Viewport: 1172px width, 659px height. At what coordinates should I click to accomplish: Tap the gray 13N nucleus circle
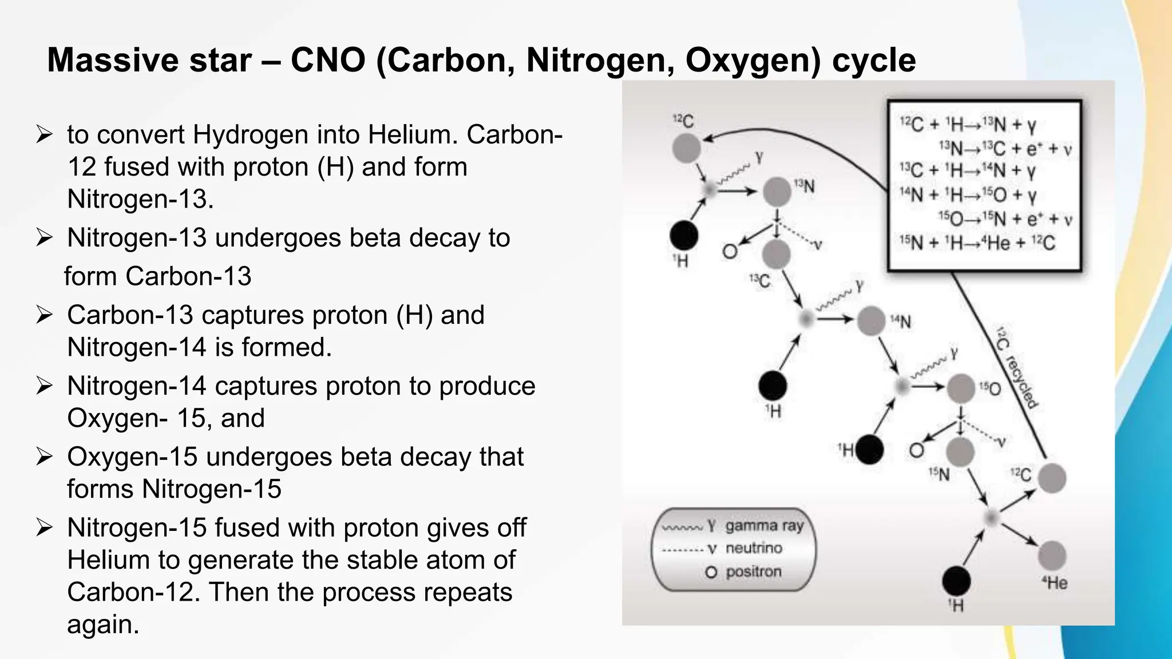click(777, 192)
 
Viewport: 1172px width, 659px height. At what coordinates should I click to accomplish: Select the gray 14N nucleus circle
click(871, 320)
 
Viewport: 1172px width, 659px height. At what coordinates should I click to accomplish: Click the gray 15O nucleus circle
click(961, 388)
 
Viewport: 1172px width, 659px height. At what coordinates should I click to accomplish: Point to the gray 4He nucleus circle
click(1052, 555)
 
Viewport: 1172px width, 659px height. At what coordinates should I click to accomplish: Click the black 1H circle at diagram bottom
click(956, 581)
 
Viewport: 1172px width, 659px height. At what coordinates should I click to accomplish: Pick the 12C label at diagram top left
click(683, 121)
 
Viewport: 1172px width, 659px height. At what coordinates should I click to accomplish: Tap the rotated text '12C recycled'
click(1017, 368)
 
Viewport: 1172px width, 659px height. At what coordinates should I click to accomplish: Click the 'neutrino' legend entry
click(754, 548)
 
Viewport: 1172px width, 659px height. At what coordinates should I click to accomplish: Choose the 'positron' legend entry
click(753, 571)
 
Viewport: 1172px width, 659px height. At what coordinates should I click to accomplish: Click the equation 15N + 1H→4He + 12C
click(977, 243)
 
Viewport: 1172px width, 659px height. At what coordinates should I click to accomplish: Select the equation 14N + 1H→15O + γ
click(968, 196)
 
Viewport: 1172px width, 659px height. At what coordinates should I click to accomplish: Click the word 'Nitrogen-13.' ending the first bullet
click(140, 199)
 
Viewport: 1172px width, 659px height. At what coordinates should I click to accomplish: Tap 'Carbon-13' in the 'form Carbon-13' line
click(188, 276)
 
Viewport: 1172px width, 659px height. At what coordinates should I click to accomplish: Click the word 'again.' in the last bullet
click(103, 624)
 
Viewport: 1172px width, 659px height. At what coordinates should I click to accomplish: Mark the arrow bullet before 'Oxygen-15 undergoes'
click(44, 457)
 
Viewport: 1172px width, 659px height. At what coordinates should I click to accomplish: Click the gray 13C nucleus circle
click(776, 254)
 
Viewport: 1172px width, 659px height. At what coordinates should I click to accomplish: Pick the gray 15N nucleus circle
click(960, 452)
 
